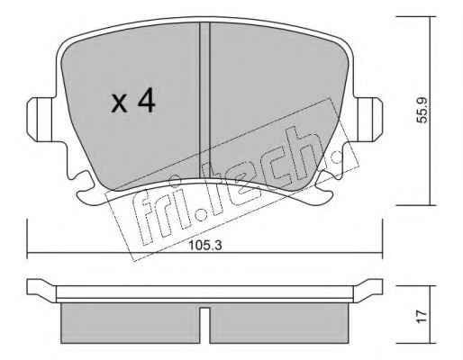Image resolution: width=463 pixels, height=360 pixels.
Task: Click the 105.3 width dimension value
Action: [x=205, y=246]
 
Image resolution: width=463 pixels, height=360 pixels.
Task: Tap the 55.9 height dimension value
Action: [x=422, y=110]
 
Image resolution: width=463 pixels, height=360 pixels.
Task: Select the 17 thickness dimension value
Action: [x=422, y=317]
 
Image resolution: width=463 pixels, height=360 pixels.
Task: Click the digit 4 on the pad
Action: [x=146, y=101]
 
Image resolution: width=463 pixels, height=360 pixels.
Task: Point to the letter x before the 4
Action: [x=119, y=103]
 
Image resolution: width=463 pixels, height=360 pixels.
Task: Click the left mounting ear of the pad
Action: [x=40, y=120]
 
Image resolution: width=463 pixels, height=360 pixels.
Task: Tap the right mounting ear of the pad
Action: [x=370, y=120]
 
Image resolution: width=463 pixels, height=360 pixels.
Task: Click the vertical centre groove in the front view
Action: [x=204, y=101]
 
